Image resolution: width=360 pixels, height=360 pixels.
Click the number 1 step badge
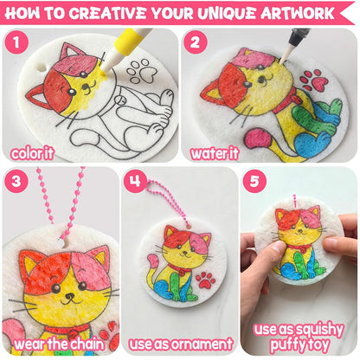coord(16,42)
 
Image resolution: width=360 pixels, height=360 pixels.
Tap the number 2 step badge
coord(195,42)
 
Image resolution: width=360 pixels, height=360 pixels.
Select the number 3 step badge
coord(16,181)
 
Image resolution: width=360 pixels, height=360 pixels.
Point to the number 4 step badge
coord(135,181)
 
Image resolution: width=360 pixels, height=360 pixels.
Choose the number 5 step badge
coord(254,181)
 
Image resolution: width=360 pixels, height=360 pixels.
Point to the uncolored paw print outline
coord(142,71)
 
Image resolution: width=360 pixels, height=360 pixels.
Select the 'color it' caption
coord(32,153)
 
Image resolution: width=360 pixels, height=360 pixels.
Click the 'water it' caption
coord(215,153)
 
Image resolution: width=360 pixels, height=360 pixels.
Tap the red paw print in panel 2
coord(313,80)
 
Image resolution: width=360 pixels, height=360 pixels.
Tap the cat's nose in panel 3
coord(68,296)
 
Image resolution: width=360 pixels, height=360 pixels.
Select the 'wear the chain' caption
coord(59,344)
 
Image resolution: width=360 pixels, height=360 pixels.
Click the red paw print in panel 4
coord(205,280)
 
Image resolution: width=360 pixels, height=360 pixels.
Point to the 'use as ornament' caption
coord(181,344)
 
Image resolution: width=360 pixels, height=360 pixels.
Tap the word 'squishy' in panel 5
coord(318,330)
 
